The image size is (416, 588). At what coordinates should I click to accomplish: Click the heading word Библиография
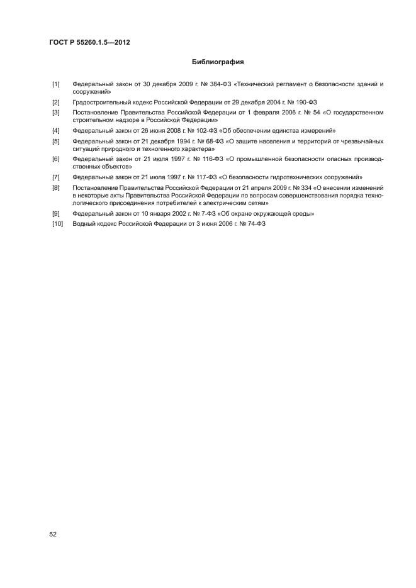coord(217,62)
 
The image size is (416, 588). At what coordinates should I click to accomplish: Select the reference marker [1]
coord(55,84)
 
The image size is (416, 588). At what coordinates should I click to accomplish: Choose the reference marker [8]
coord(55,188)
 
